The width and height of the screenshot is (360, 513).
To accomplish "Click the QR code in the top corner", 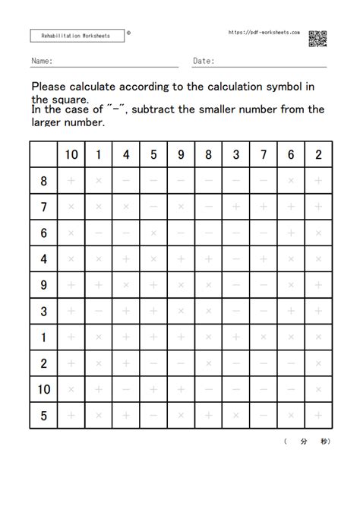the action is [x=317, y=39].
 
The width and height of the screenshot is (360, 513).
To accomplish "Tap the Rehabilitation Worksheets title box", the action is [x=75, y=36].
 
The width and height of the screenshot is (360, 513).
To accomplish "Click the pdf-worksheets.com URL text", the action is [x=264, y=33].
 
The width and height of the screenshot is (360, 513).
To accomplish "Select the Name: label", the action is [x=42, y=61].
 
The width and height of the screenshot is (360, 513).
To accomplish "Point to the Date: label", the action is [x=204, y=61].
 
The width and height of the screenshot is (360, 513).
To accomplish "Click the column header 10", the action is [x=71, y=155].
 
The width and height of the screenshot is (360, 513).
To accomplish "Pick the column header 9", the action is [x=181, y=155].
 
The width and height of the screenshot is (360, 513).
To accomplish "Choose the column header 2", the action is [x=318, y=155].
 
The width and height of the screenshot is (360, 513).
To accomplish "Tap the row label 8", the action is [x=44, y=181].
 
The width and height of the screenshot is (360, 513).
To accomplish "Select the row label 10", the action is [x=44, y=389].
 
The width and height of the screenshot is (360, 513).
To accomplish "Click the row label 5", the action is [x=44, y=415].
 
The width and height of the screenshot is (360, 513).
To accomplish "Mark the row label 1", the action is [x=44, y=337].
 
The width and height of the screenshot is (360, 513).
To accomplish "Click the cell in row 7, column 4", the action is [x=126, y=207].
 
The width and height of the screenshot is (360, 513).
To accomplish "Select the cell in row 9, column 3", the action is [x=236, y=285].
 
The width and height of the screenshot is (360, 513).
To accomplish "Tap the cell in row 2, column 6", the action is [x=291, y=363].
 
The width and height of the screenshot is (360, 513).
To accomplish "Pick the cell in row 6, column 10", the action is [x=71, y=233].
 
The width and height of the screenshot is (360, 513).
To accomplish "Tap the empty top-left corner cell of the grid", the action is [x=44, y=155].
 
